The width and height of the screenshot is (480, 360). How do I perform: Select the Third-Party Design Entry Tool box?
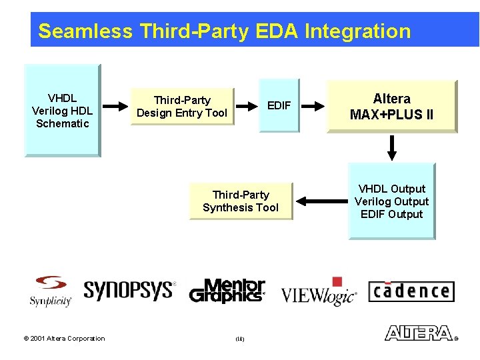point(182,107)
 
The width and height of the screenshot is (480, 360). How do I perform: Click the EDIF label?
point(279,105)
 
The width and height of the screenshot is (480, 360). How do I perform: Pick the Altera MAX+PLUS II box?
point(391,107)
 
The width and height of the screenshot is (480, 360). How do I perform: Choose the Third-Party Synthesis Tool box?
point(241,201)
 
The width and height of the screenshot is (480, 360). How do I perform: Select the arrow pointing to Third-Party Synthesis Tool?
point(321,201)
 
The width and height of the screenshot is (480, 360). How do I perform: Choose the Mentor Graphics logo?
point(227,291)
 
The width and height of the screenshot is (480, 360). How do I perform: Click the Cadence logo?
point(411,291)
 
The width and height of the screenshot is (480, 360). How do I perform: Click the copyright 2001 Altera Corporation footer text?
point(64,339)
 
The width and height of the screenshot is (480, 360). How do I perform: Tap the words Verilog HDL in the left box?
point(62,111)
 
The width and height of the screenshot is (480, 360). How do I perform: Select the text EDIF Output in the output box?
point(391,214)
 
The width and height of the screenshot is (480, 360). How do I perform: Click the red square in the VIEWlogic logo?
point(337,281)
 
